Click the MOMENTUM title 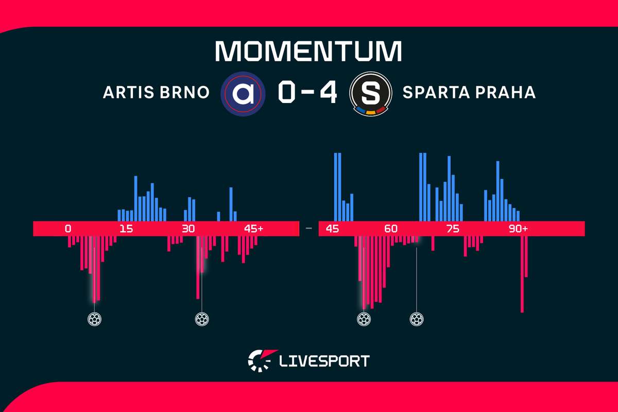[308, 51]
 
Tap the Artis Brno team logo [243, 94]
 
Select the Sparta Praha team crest [370, 94]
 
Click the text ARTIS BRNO [156, 92]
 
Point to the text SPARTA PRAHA [469, 92]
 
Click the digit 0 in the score [287, 93]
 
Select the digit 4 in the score [329, 93]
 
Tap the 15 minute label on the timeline [126, 229]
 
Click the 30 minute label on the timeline [188, 229]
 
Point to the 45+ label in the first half [253, 229]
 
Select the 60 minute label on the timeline [391, 229]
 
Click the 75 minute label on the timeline [453, 229]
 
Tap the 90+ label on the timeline [518, 229]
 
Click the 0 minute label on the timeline [68, 229]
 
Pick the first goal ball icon [94, 319]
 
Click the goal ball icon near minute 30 [202, 319]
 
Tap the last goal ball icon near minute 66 [417, 319]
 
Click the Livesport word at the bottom [324, 361]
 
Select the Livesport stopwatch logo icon [262, 360]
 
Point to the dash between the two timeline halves [309, 229]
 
